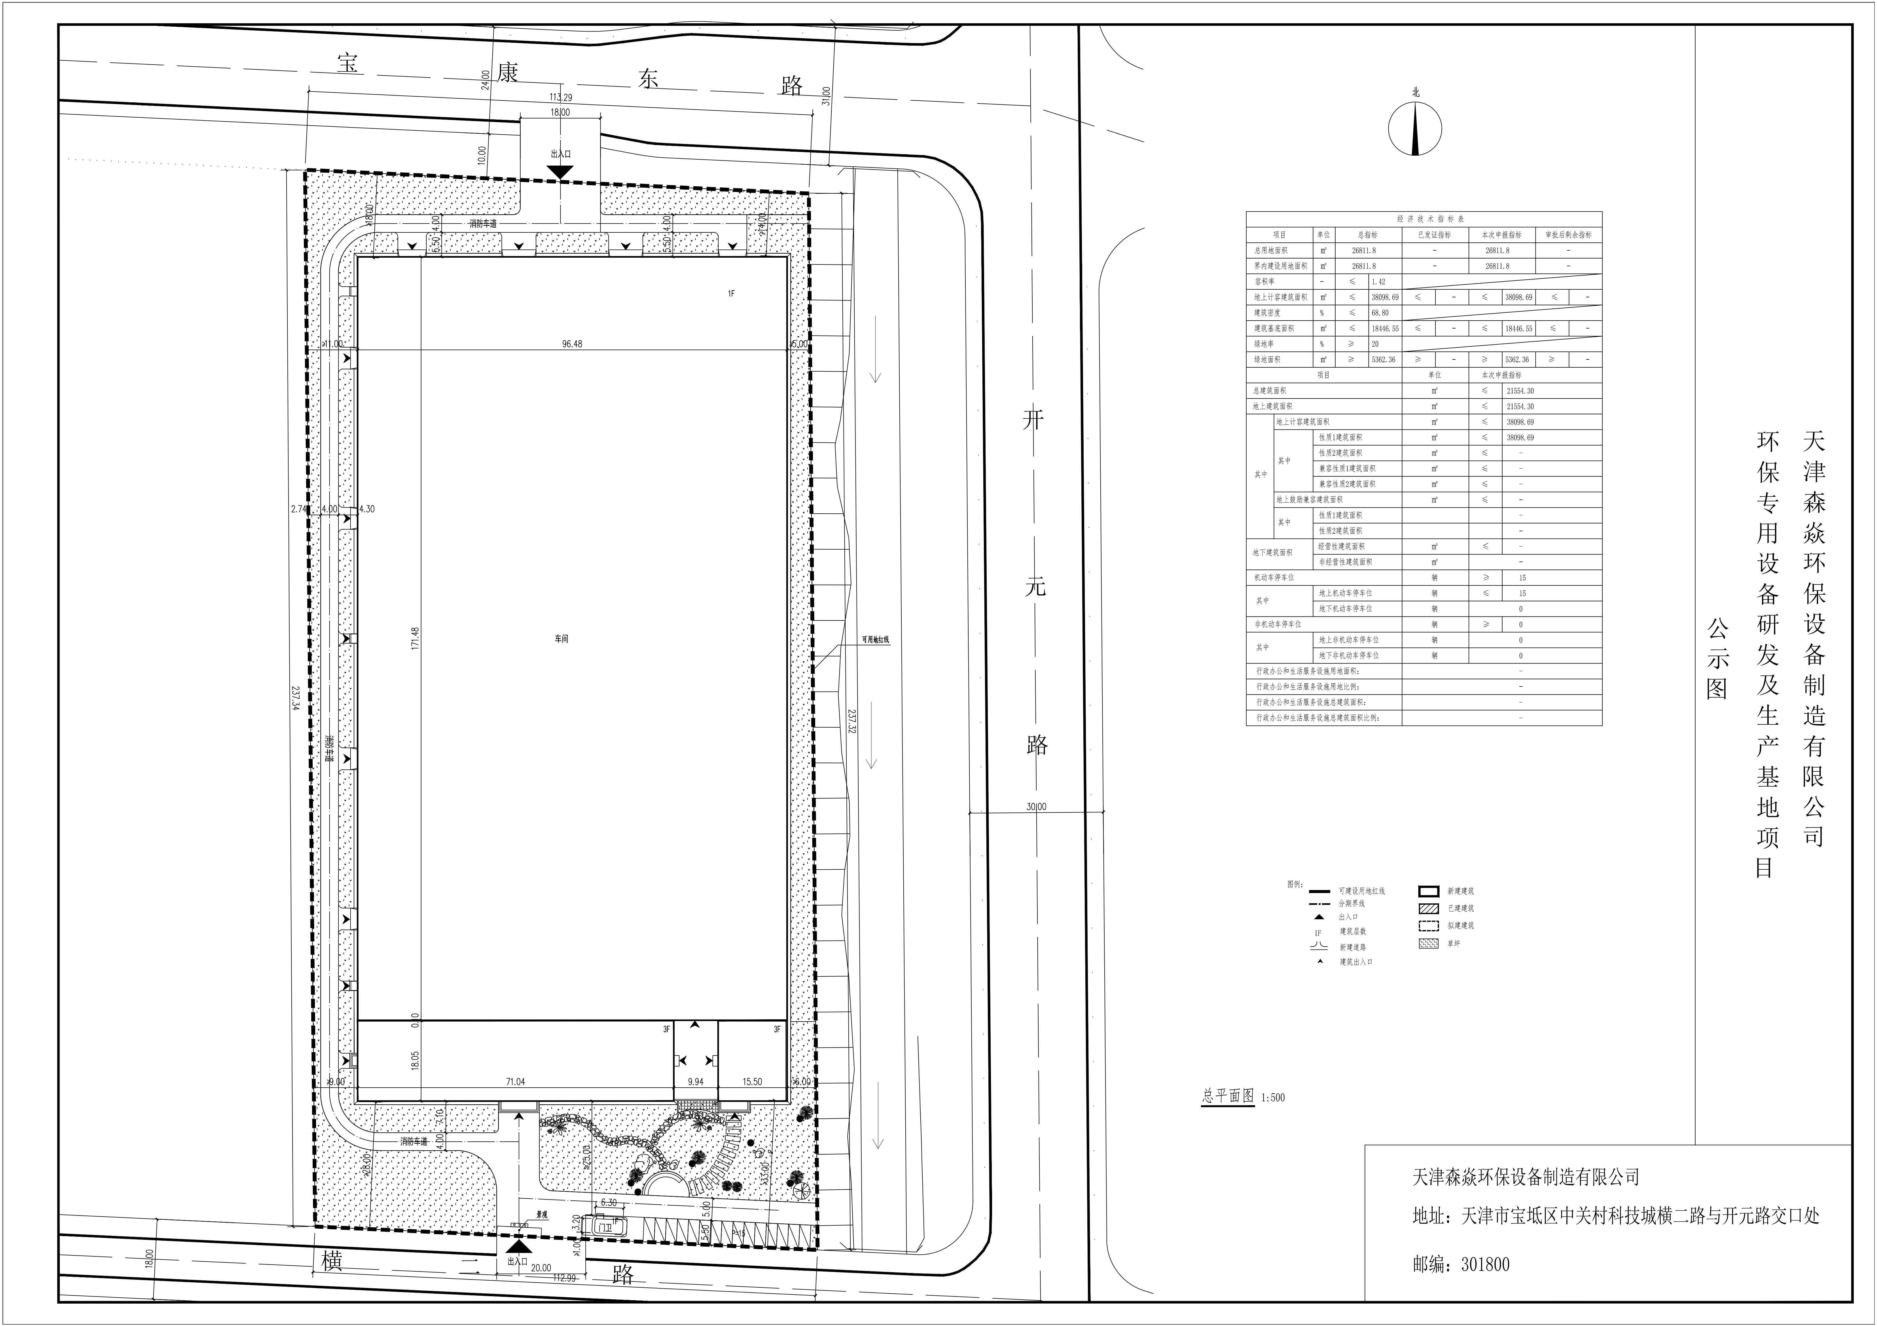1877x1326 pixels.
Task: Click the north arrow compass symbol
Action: click(x=1414, y=128)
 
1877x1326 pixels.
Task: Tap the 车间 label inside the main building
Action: click(x=561, y=638)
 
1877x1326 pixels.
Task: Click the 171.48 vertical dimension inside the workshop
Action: click(x=415, y=638)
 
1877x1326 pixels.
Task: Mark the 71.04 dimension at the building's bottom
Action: click(x=515, y=1082)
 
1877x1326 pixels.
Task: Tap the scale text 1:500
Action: click(x=1273, y=1097)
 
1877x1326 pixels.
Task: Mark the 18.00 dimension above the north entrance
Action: click(x=560, y=112)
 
